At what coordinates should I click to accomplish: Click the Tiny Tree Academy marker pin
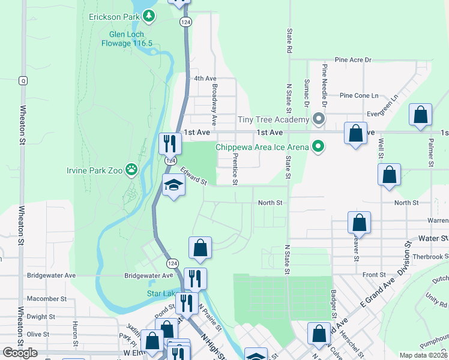coord(319,119)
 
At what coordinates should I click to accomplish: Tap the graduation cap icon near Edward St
coord(173,186)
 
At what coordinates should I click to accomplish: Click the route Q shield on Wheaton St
coord(23,80)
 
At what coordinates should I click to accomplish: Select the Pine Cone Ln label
coord(359,95)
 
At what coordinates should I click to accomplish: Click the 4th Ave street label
coord(205,79)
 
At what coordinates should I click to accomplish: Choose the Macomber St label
coord(46,298)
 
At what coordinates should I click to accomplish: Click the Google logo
coord(20,352)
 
